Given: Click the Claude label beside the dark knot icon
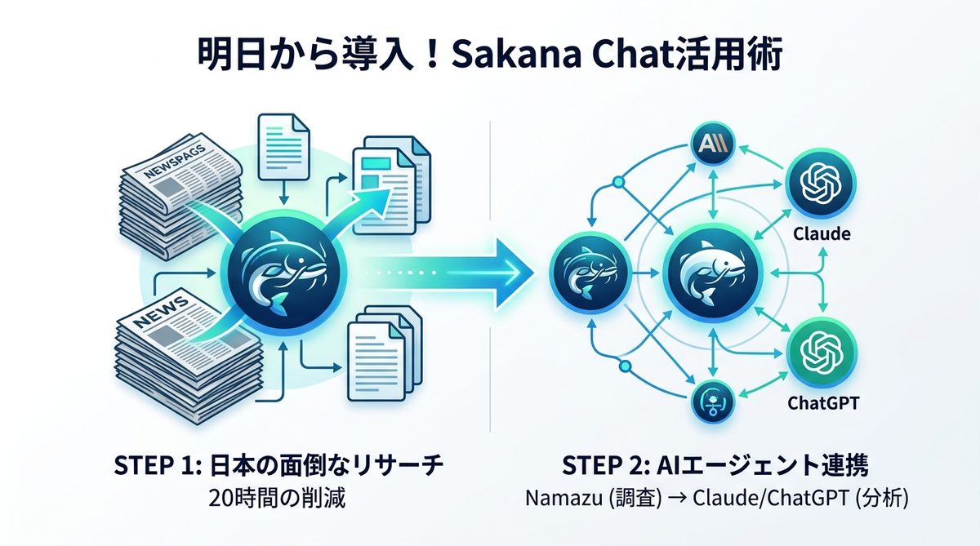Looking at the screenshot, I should pyautogui.click(x=822, y=234).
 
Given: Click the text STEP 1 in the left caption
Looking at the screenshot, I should pyautogui.click(x=146, y=468).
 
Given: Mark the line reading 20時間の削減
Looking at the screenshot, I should pyautogui.click(x=278, y=497).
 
